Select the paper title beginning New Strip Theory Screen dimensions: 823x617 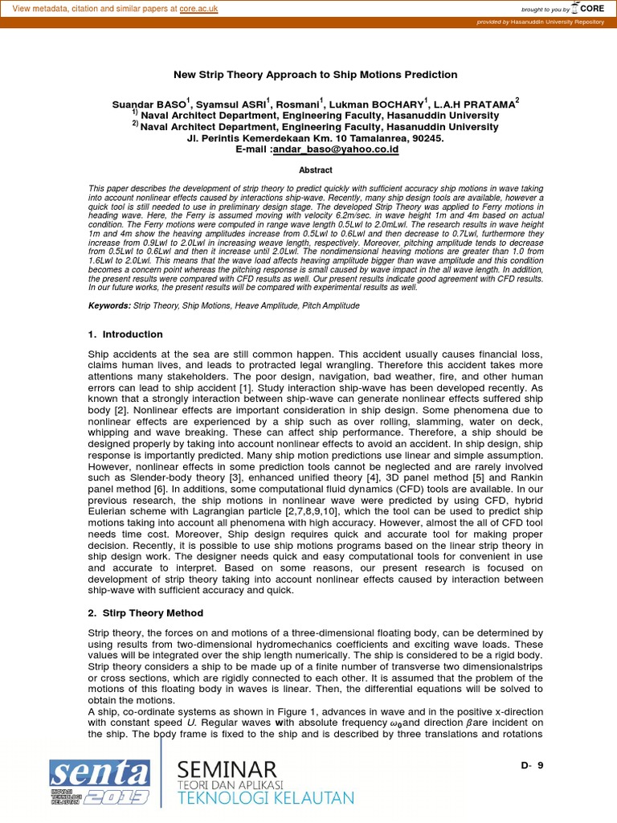[316, 75]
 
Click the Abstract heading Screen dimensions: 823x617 [316, 170]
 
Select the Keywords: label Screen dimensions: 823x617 [108, 305]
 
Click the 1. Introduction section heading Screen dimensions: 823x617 [125, 334]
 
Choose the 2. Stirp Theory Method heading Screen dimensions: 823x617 [145, 612]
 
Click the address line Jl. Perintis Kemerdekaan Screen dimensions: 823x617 [315, 138]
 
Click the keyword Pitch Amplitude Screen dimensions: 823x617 [329, 305]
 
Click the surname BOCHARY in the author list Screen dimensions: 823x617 [403, 104]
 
